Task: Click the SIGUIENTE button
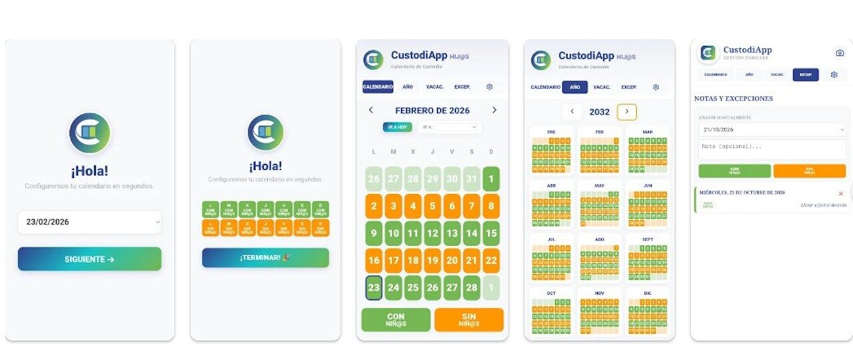click(89, 259)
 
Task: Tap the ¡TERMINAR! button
click(265, 257)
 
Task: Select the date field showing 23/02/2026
click(89, 222)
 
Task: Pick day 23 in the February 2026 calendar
click(374, 288)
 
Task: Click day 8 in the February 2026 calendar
click(491, 207)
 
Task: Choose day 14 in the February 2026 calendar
click(472, 234)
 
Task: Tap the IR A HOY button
click(397, 127)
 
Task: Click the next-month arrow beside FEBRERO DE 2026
click(494, 110)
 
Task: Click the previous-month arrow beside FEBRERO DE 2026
click(371, 110)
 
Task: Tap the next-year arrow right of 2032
click(626, 112)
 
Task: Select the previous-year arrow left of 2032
click(572, 112)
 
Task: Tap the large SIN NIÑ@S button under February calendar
click(468, 320)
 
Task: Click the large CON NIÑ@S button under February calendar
click(396, 320)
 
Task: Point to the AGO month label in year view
click(599, 239)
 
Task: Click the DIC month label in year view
click(647, 293)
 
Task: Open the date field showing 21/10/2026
click(772, 129)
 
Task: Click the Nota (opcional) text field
click(772, 147)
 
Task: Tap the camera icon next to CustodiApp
click(840, 53)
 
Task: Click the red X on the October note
click(840, 193)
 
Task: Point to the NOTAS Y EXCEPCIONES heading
click(734, 99)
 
